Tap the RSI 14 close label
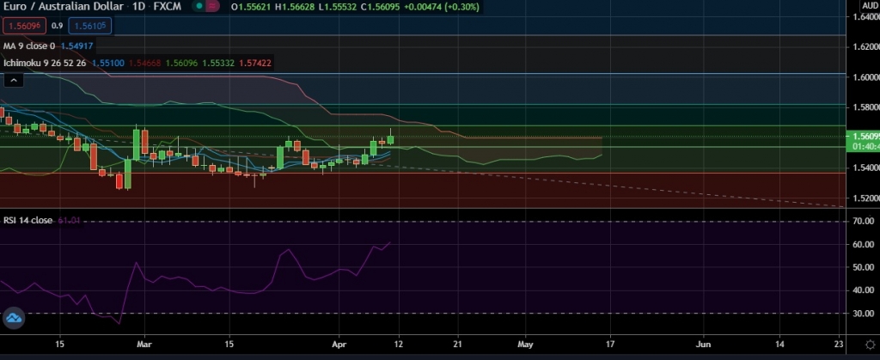(x=27, y=221)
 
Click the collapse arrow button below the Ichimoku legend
(x=14, y=80)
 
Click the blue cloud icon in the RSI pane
(x=14, y=319)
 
